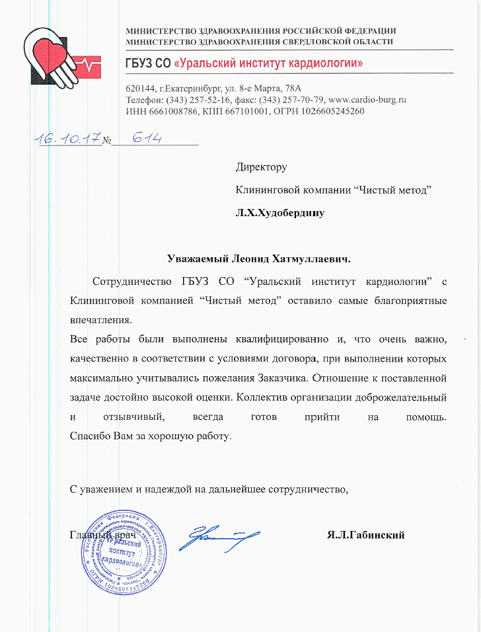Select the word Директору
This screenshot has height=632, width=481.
tap(262, 168)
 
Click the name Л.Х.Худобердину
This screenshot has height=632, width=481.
tap(280, 213)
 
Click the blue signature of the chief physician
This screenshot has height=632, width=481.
tap(215, 537)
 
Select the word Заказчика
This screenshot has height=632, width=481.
tap(281, 379)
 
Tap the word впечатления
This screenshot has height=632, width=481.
tap(100, 319)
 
